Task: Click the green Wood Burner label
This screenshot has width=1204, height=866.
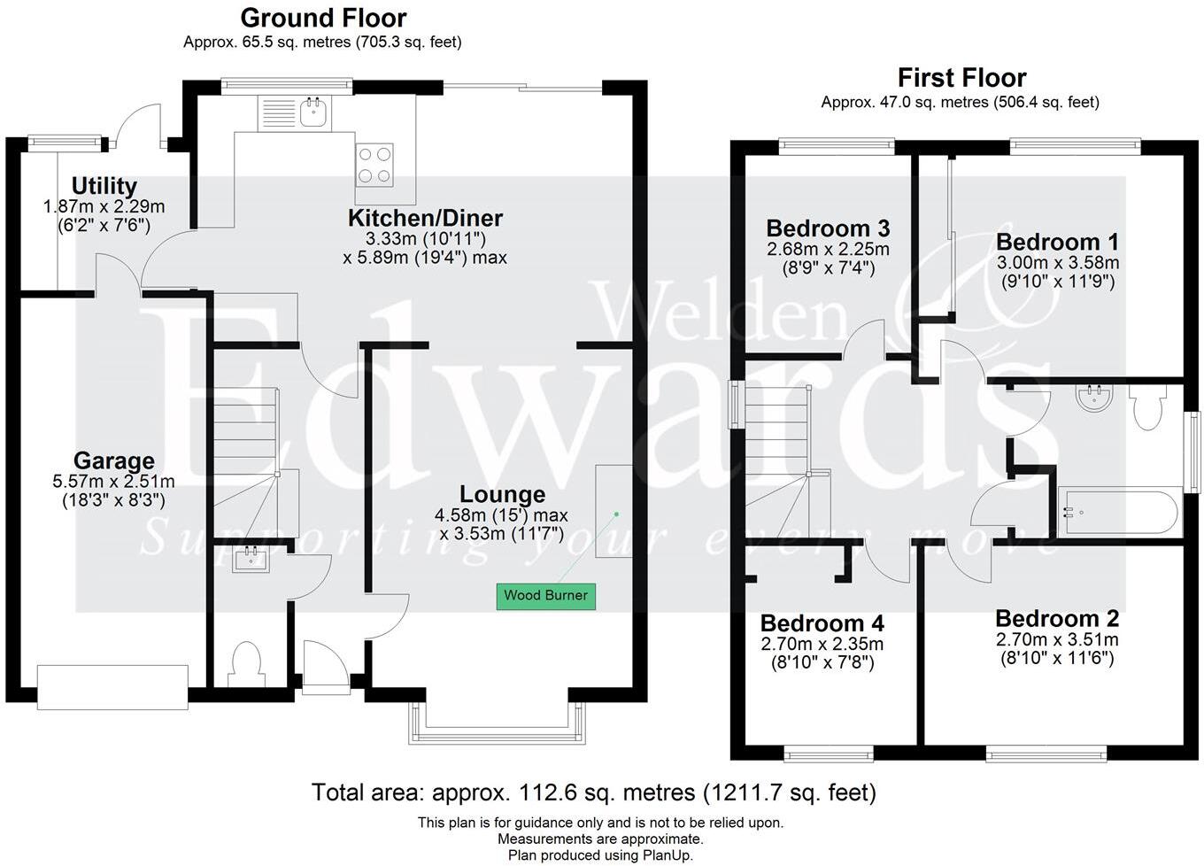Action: pos(545,595)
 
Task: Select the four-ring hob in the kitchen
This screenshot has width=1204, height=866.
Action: pos(374,165)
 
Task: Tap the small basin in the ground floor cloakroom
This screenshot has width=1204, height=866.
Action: pos(251,559)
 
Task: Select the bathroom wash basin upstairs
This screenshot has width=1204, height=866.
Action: pos(1095,399)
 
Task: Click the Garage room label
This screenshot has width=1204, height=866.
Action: pos(113,460)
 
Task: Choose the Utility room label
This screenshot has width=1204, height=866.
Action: pos(104,186)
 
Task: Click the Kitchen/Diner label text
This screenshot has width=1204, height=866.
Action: pos(425,218)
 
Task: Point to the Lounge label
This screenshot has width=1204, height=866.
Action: pos(502,494)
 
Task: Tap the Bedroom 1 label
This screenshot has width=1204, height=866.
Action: pos(1057,242)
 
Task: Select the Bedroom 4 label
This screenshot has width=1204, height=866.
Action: pos(822,623)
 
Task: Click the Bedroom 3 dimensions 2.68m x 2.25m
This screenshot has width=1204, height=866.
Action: pos(828,249)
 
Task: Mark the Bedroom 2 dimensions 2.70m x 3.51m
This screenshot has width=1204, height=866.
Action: pos(1057,639)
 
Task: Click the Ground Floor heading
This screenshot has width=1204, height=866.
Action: pos(323,18)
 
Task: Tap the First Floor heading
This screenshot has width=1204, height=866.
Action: pos(961,78)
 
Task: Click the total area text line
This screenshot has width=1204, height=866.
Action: pos(593,792)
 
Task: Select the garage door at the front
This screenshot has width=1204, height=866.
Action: pos(112,687)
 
